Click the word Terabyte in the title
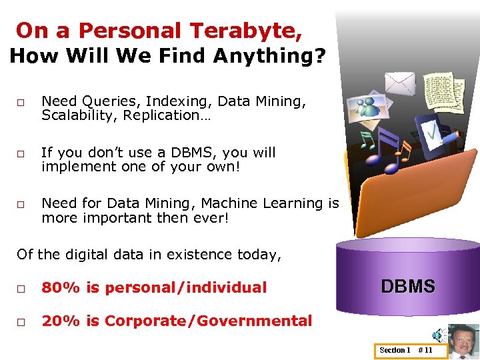pos(245,31)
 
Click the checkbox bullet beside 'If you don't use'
pos(21,154)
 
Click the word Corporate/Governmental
pos(208,321)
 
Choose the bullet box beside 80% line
pos(21,289)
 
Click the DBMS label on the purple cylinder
pos(407,287)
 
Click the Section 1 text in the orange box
pos(395,350)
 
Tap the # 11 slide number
pos(425,350)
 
